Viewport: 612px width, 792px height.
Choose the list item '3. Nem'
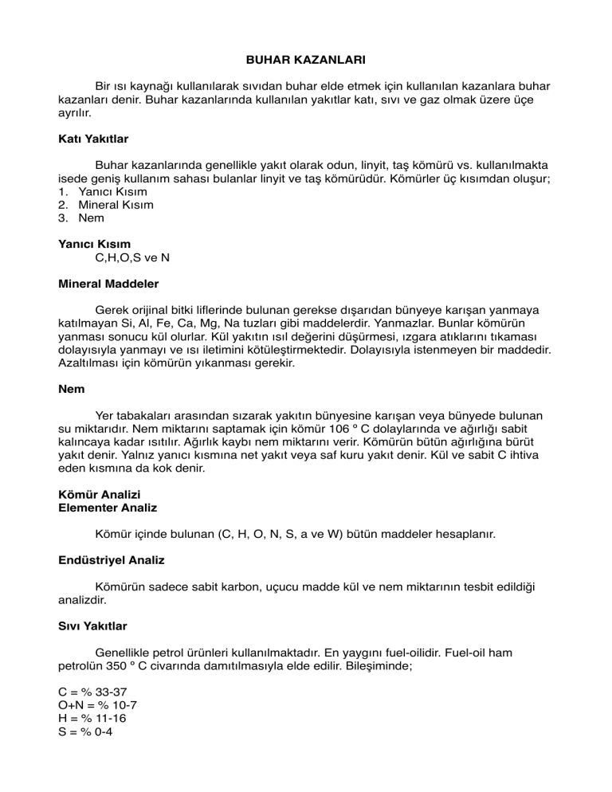coord(88,218)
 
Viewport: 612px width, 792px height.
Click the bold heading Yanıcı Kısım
coord(95,243)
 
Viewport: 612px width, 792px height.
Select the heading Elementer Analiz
coord(108,508)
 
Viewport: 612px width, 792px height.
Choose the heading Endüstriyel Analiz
coord(112,560)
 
